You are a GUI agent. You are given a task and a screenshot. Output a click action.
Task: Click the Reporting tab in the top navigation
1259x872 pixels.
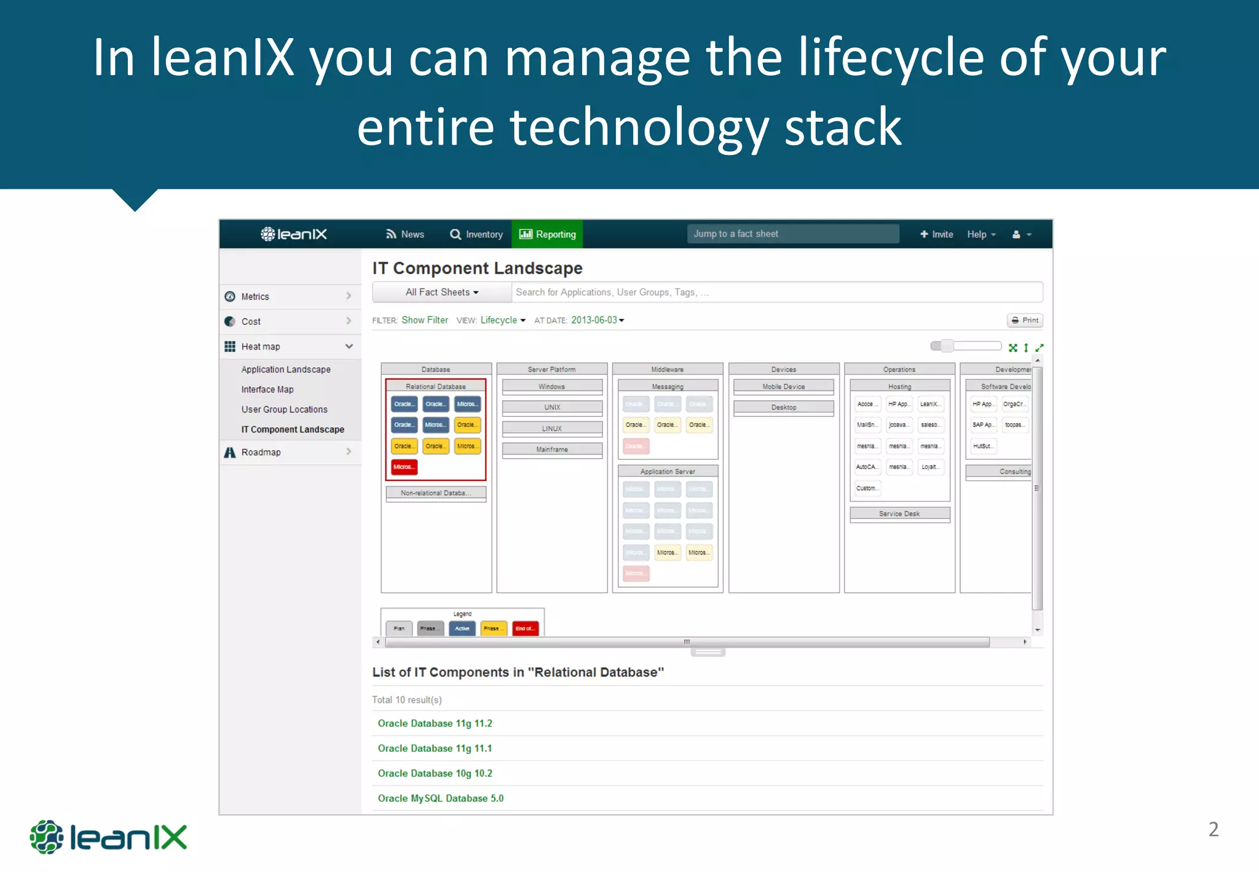tap(547, 234)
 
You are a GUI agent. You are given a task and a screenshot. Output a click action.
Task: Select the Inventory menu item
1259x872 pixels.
tap(476, 234)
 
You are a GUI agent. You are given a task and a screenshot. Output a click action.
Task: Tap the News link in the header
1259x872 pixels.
tap(405, 234)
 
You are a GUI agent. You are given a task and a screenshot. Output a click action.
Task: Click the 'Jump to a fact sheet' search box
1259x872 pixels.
tap(792, 234)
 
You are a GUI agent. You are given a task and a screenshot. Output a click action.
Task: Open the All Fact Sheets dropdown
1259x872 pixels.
tap(441, 292)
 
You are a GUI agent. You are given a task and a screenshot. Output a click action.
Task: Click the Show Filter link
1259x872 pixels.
tap(425, 320)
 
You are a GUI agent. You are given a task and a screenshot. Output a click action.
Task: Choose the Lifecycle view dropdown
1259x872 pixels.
tap(502, 320)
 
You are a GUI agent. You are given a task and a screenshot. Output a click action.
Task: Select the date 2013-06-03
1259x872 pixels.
tap(597, 320)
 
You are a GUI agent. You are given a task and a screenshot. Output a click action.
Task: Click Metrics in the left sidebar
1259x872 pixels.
tap(255, 296)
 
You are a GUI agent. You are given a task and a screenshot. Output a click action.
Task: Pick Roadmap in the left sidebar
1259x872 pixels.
tap(261, 452)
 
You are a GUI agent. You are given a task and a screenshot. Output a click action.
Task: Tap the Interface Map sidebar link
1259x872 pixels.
tap(267, 389)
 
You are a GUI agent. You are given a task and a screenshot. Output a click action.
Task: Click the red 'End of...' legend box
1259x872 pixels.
tap(525, 628)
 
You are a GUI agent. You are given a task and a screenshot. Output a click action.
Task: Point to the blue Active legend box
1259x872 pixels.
tap(462, 628)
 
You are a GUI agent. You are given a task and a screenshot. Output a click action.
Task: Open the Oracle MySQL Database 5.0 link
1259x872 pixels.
tap(440, 798)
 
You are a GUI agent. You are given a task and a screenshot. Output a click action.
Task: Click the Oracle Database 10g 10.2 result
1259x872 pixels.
tap(435, 773)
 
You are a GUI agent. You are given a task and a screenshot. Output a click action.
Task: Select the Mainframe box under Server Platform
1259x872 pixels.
tap(552, 450)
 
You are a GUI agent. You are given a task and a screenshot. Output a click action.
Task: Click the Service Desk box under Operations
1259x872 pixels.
tap(899, 513)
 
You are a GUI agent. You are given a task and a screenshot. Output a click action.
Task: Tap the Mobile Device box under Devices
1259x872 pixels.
tap(783, 387)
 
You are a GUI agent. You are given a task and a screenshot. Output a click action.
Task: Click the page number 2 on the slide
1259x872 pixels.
tap(1213, 829)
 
